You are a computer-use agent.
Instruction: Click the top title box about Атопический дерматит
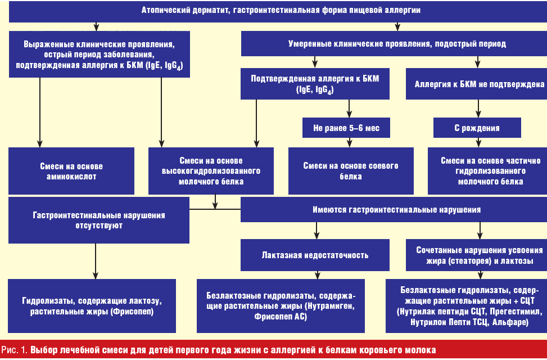click(x=273, y=11)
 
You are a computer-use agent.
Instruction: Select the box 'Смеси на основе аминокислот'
click(x=71, y=171)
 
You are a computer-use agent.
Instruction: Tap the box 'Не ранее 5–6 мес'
click(x=346, y=128)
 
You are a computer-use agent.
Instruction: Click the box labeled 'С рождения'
click(x=477, y=128)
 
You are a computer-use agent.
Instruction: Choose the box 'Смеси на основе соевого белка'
click(x=350, y=171)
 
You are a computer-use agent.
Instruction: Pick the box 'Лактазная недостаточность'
click(x=315, y=255)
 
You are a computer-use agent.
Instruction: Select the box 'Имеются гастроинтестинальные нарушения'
click(x=394, y=209)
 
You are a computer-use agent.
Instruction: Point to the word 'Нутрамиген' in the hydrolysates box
click(x=332, y=307)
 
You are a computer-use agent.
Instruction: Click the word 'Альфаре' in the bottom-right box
click(x=510, y=322)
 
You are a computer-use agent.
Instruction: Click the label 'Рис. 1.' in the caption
click(x=14, y=350)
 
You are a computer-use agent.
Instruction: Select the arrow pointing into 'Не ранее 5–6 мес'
click(x=349, y=112)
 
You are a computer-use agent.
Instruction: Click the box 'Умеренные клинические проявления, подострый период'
click(x=394, y=43)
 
